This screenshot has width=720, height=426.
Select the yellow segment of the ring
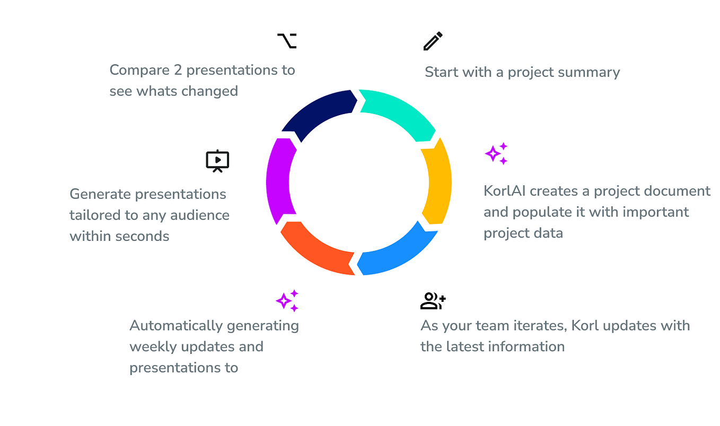[438, 180]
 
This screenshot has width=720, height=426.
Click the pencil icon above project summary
[433, 41]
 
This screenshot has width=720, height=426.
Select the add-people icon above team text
[433, 301]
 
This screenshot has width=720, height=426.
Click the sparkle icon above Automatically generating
[287, 301]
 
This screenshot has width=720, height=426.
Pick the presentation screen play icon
[217, 161]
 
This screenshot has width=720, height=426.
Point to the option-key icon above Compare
[287, 41]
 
